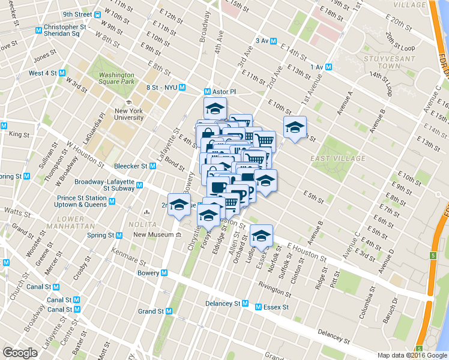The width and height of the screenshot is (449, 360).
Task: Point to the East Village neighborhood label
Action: [x=338, y=158]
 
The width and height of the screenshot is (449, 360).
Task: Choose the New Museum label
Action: [x=152, y=235]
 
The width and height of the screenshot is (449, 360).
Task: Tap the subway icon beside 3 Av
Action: [x=274, y=41]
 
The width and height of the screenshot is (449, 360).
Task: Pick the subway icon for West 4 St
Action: [x=62, y=73]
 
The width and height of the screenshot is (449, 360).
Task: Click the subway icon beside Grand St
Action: [x=169, y=311]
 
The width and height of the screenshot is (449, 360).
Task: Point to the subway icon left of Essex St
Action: [x=258, y=307]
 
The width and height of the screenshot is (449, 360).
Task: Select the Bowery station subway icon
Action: [x=164, y=273]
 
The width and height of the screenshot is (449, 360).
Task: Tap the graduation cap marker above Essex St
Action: [x=261, y=236]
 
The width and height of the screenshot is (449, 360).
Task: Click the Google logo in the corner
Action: [x=20, y=353]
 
